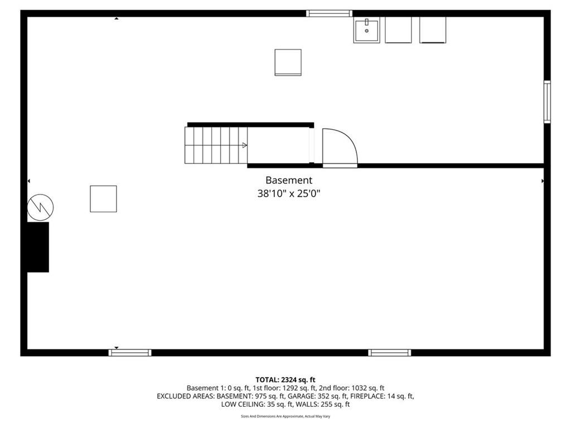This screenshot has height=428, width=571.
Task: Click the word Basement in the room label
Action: pos(289,180)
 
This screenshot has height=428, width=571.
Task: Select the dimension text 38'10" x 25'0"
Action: pos(289,193)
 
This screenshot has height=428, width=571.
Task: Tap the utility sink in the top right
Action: pos(366,30)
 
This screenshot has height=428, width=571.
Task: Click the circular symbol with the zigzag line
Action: pos(40,207)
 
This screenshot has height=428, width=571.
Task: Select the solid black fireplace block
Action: pos(38,247)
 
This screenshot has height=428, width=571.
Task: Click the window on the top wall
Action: pos(329,13)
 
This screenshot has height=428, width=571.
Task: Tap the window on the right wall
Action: pos(547,101)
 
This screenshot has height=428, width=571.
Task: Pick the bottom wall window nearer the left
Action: pos(130,353)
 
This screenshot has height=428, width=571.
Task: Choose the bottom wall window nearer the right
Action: pos(390,353)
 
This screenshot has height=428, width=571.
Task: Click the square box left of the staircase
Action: pos(103,199)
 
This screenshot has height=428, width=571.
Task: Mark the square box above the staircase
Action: pos(288,62)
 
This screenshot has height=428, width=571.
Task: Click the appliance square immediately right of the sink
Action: pos(398,30)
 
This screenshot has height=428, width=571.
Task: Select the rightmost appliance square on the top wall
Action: pos(433,30)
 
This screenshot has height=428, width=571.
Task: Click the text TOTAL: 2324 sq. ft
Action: pos(285,380)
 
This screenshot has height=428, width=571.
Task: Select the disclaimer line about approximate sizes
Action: pos(285,416)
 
